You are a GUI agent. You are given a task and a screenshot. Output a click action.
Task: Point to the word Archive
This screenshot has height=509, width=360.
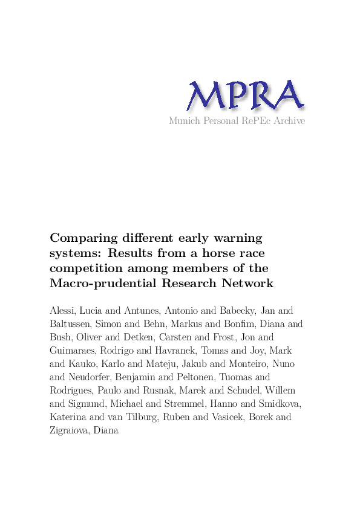click(x=289, y=121)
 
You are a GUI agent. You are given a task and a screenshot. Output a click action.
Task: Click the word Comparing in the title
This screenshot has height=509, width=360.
click(x=79, y=238)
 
